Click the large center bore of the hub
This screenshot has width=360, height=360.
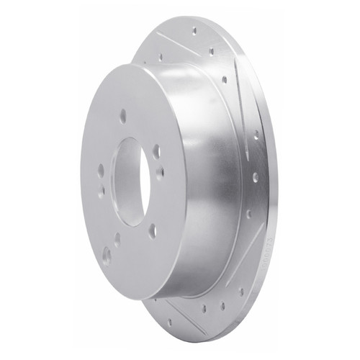click(131, 181)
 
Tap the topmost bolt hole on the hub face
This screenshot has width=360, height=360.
click(123, 115)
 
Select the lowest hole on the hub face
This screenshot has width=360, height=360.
click(107, 254)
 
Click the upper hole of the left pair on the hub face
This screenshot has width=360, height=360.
click(101, 171)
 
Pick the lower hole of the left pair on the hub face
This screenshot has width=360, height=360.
click(102, 192)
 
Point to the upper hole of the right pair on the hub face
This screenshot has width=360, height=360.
click(156, 151)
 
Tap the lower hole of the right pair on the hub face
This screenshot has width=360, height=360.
click(160, 172)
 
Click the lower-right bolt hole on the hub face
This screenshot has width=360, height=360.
click(152, 230)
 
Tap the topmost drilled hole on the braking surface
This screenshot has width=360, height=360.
click(194, 30)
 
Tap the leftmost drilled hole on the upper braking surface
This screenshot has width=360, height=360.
click(160, 56)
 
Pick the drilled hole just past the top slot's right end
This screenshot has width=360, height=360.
click(212, 51)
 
